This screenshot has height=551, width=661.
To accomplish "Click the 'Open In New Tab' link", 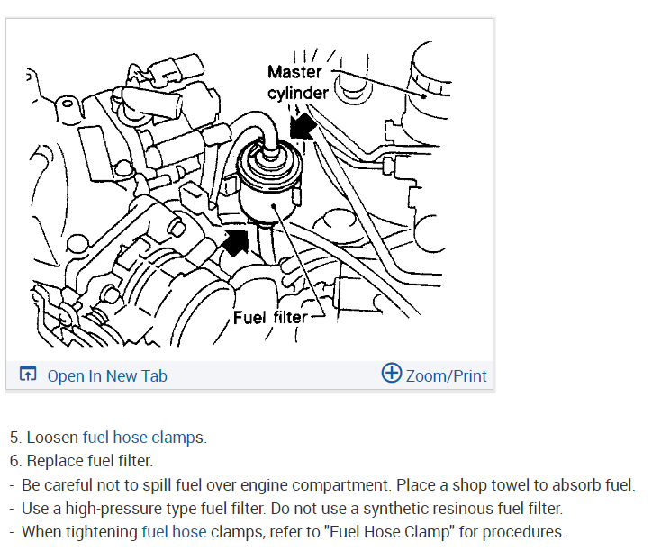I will pyautogui.click(x=106, y=375).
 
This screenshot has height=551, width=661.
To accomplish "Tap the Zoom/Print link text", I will pyautogui.click(x=446, y=375).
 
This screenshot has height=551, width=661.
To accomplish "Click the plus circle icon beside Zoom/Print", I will pyautogui.click(x=392, y=373).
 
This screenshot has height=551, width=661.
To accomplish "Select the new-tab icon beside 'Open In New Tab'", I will pyautogui.click(x=28, y=375).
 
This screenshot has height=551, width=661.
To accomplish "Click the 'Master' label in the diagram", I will pyautogui.click(x=294, y=71).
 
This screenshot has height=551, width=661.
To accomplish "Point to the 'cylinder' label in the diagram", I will pyautogui.click(x=298, y=92).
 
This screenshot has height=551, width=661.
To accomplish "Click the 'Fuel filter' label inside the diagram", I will pyautogui.click(x=270, y=317).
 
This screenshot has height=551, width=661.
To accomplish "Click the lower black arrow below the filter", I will pyautogui.click(x=236, y=240).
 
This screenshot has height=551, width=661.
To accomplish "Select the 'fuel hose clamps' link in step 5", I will pyautogui.click(x=143, y=438).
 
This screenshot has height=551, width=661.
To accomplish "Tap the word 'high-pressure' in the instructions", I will pyautogui.click(x=110, y=509).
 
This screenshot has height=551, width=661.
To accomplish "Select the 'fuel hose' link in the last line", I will pyautogui.click(x=174, y=532).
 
